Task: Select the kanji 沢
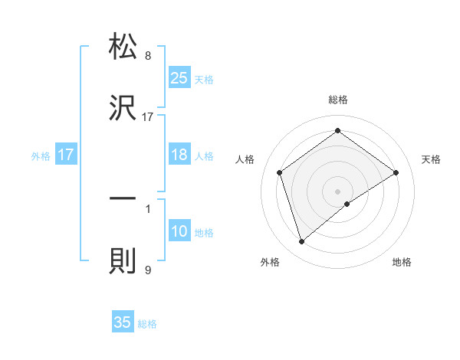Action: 123,107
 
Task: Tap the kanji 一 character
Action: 123,198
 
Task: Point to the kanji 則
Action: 123,260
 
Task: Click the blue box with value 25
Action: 179,78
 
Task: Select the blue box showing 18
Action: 179,155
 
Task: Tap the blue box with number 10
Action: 179,231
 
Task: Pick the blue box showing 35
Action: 123,322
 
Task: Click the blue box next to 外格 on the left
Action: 66,155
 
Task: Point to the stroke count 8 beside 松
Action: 148,56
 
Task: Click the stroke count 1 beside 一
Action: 148,208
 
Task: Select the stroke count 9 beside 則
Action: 148,270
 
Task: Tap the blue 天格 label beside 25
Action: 204,79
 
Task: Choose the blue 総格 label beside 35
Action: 147,324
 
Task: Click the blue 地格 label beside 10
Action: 204,233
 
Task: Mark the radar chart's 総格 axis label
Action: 337,100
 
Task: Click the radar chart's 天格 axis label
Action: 432,159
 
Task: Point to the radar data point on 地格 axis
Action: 347,204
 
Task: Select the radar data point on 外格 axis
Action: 301,242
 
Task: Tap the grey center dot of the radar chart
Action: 337,191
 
